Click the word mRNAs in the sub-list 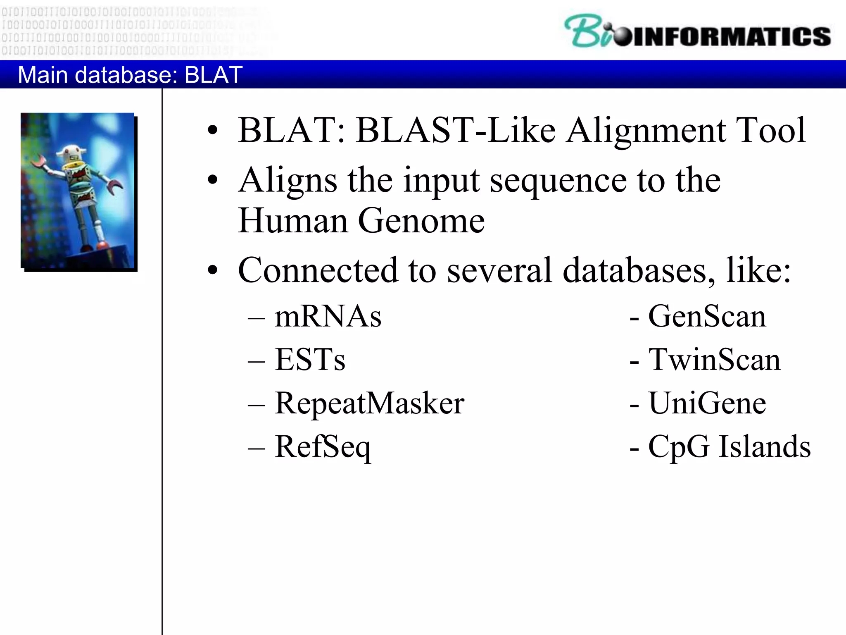tap(328, 317)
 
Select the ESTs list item tap(310, 360)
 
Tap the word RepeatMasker tap(369, 403)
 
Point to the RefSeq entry tap(323, 447)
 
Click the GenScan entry tap(707, 317)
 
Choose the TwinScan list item tap(714, 360)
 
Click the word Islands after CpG tap(765, 447)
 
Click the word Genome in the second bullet tap(421, 221)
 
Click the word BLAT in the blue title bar tap(213, 75)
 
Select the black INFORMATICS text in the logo tap(731, 36)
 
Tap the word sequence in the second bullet tap(558, 181)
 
